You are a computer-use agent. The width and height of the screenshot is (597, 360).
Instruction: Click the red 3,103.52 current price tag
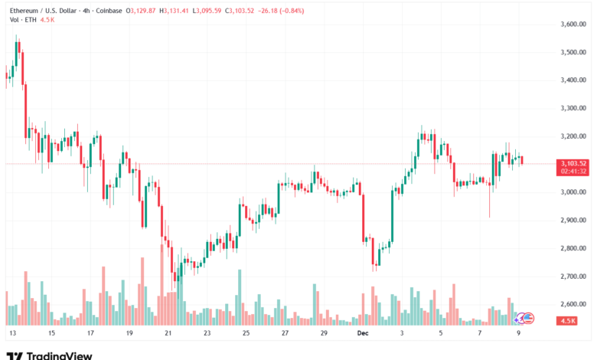(x=573, y=163)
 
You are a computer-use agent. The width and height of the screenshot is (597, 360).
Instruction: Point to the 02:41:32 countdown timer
(x=573, y=172)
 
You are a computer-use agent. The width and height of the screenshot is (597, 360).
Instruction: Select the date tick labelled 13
(x=11, y=334)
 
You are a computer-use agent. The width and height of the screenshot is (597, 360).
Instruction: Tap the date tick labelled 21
(x=168, y=334)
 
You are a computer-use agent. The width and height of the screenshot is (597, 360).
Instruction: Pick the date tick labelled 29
(x=324, y=334)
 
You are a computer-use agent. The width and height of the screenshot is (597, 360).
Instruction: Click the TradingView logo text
(x=60, y=355)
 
